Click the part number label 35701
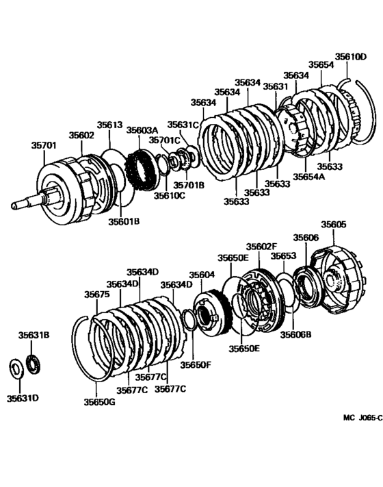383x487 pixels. click(x=44, y=145)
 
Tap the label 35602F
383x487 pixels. click(x=261, y=247)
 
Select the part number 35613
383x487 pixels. click(x=110, y=125)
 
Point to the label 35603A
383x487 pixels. click(x=142, y=130)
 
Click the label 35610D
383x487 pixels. click(x=351, y=57)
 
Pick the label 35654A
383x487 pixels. click(x=309, y=177)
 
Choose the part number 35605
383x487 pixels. click(x=333, y=224)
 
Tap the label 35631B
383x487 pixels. click(x=34, y=335)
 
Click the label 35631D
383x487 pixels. click(x=23, y=398)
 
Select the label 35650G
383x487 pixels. click(x=100, y=402)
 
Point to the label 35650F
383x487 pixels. click(x=196, y=364)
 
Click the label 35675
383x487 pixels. click(x=97, y=294)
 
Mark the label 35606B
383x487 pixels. click(x=296, y=334)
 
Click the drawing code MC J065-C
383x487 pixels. click(x=363, y=418)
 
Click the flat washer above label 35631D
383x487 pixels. click(x=16, y=368)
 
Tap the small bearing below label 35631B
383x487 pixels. click(x=34, y=364)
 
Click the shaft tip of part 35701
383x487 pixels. click(x=13, y=206)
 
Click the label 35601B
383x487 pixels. click(x=124, y=221)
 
